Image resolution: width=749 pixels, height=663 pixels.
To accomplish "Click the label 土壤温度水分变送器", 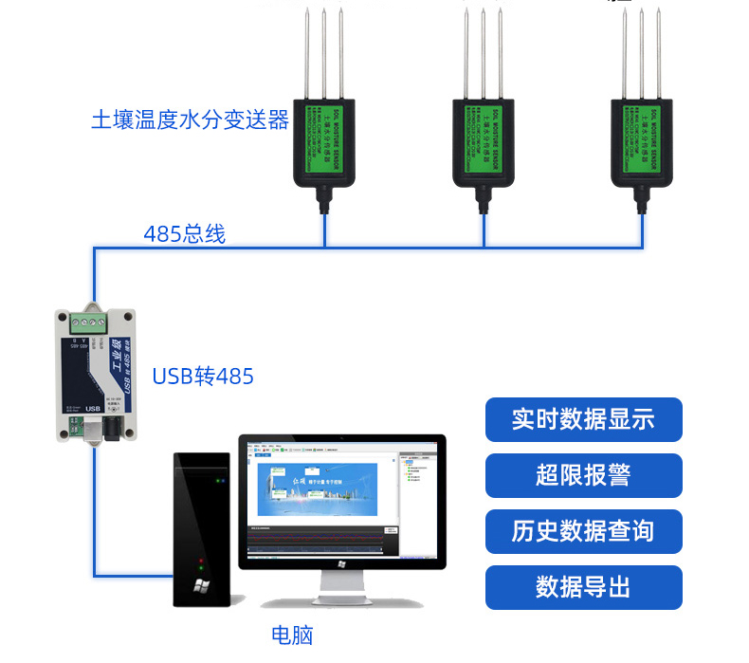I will click(190, 120).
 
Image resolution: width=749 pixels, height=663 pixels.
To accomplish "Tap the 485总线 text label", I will click(185, 233).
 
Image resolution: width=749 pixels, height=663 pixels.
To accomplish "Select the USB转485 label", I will click(203, 377).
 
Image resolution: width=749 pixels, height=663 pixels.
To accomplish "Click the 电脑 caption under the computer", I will click(292, 635).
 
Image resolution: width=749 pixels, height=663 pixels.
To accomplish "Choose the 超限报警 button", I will click(583, 475).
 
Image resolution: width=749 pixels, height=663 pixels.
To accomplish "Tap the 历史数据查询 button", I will click(583, 531).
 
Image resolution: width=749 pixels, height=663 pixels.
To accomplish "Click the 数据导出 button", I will click(583, 587).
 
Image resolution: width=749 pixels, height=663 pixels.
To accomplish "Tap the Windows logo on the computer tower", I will click(201, 585).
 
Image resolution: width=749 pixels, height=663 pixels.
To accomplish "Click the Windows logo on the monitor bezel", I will click(341, 563).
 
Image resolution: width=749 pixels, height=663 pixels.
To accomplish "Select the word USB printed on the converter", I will click(93, 409).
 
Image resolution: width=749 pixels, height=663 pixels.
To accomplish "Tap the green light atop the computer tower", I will click(219, 481).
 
